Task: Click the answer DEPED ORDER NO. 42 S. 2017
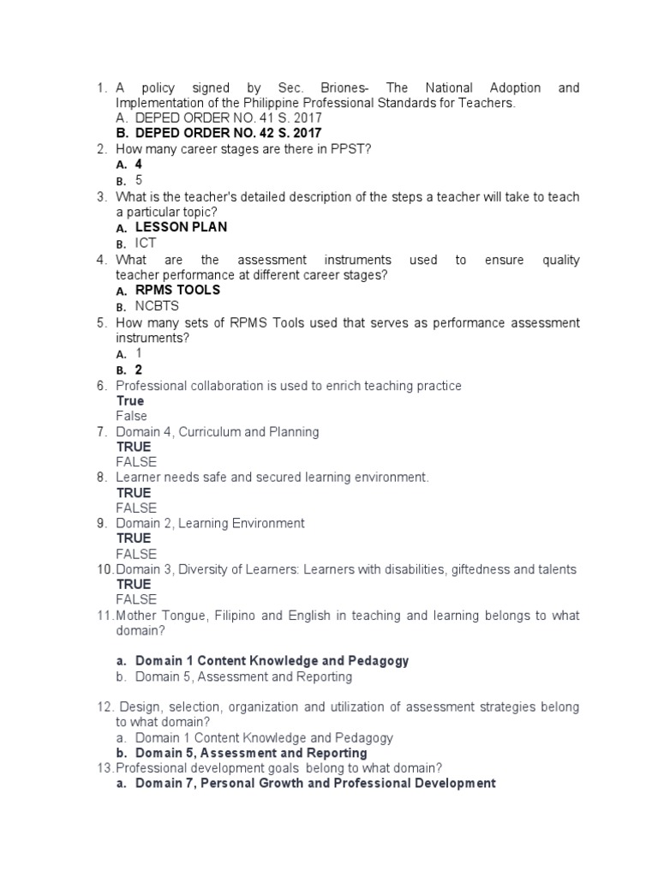pos(228,133)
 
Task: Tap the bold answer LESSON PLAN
pos(181,227)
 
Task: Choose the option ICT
pos(146,244)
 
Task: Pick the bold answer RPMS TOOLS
pos(177,290)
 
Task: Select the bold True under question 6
pos(130,401)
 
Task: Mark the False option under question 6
pos(132,417)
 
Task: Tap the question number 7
pos(101,432)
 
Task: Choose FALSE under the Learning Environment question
pos(136,554)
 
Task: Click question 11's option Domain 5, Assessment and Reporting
pos(243,677)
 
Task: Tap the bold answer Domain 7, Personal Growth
pos(314,784)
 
